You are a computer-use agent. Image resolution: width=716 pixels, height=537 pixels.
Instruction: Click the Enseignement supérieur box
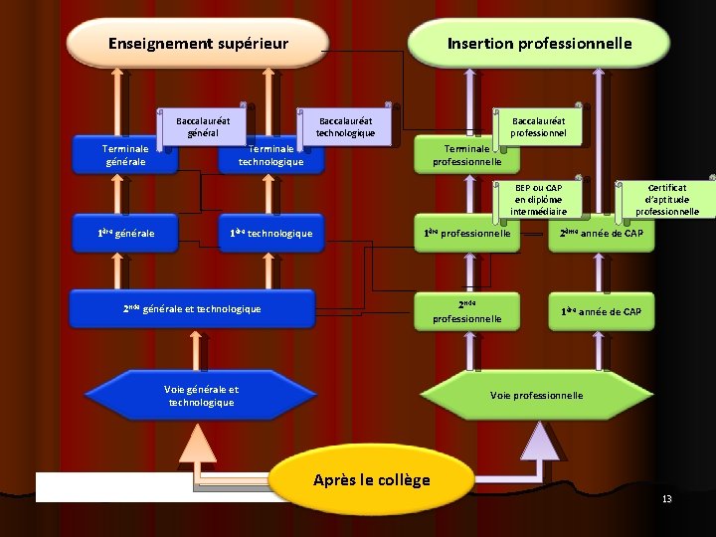pos(198,43)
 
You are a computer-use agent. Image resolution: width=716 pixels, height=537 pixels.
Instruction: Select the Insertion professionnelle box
pos(539,43)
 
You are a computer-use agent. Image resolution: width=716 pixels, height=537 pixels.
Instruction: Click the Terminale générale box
pos(125,155)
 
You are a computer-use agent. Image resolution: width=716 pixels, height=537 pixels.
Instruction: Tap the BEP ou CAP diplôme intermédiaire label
pos(538,199)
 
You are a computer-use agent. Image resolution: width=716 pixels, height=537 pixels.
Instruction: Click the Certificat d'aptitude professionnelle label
pos(666,199)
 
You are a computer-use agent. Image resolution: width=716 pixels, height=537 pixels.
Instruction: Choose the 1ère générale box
pos(125,234)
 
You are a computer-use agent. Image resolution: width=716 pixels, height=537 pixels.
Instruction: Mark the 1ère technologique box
pos(271,234)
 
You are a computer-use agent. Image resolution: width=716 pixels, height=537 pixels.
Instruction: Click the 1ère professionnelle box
pos(467,234)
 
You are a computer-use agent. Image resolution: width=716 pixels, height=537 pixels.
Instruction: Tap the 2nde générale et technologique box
pos(192,308)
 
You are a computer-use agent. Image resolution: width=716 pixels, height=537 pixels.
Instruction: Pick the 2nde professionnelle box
pos(467,311)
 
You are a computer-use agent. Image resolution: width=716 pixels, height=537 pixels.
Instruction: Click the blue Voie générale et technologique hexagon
pos(201,396)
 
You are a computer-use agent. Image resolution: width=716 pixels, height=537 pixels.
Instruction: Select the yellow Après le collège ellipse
pos(371,478)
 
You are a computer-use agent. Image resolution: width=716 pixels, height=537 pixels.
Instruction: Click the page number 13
pos(667,498)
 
